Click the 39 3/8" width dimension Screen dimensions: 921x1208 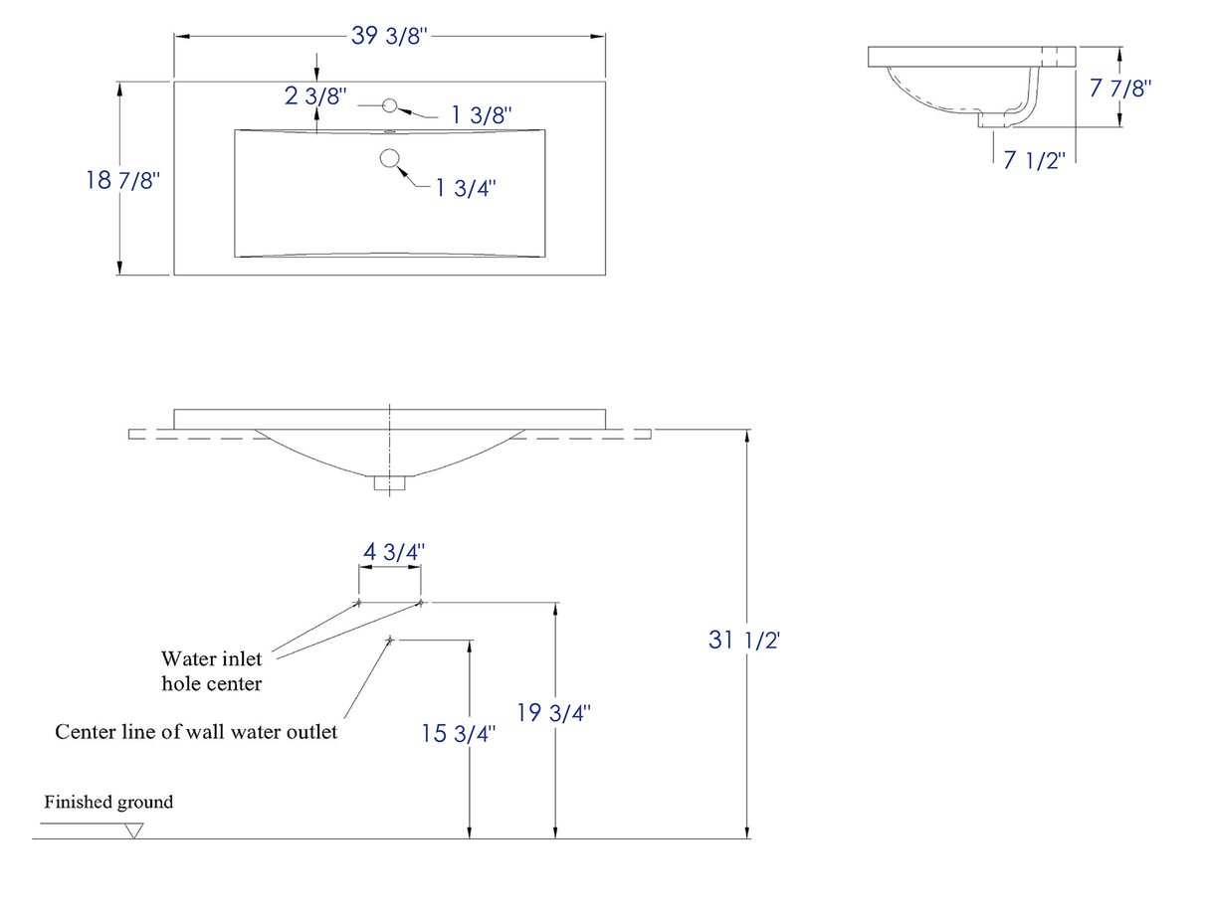(389, 36)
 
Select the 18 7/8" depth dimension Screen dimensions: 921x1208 (123, 180)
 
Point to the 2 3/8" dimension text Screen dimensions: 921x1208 (315, 96)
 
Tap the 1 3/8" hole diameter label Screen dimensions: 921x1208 (481, 115)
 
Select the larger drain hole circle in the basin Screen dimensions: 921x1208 (390, 157)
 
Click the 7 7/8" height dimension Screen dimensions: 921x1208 (1120, 88)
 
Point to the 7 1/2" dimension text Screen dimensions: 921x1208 (1034, 160)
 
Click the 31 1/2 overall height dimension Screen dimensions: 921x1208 (744, 640)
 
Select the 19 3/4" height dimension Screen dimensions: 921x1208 (554, 712)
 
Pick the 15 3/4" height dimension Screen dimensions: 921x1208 (458, 734)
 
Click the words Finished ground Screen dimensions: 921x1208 (108, 802)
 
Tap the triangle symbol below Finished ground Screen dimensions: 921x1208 (134, 830)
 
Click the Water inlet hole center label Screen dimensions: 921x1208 (212, 670)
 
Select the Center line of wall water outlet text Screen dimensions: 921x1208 (196, 732)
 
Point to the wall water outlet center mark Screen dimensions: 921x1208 (390, 640)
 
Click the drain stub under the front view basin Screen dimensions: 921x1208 (390, 483)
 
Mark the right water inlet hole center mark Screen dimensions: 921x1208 (420, 602)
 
